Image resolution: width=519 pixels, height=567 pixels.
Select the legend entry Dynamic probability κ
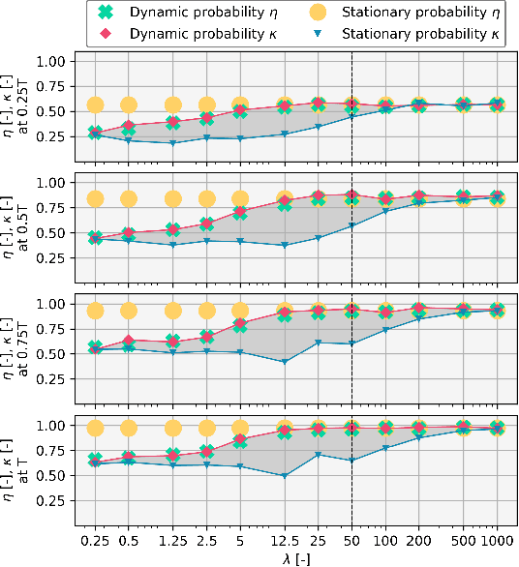(165, 33)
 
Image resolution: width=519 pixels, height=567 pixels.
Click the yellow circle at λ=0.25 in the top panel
(95, 105)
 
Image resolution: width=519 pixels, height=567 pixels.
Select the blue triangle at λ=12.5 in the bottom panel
(285, 476)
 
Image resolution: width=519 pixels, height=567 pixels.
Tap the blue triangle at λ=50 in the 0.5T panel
(351, 226)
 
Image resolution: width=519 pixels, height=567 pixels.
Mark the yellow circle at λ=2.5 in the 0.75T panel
(206, 311)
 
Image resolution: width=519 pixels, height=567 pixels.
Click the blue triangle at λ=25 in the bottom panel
(318, 455)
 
